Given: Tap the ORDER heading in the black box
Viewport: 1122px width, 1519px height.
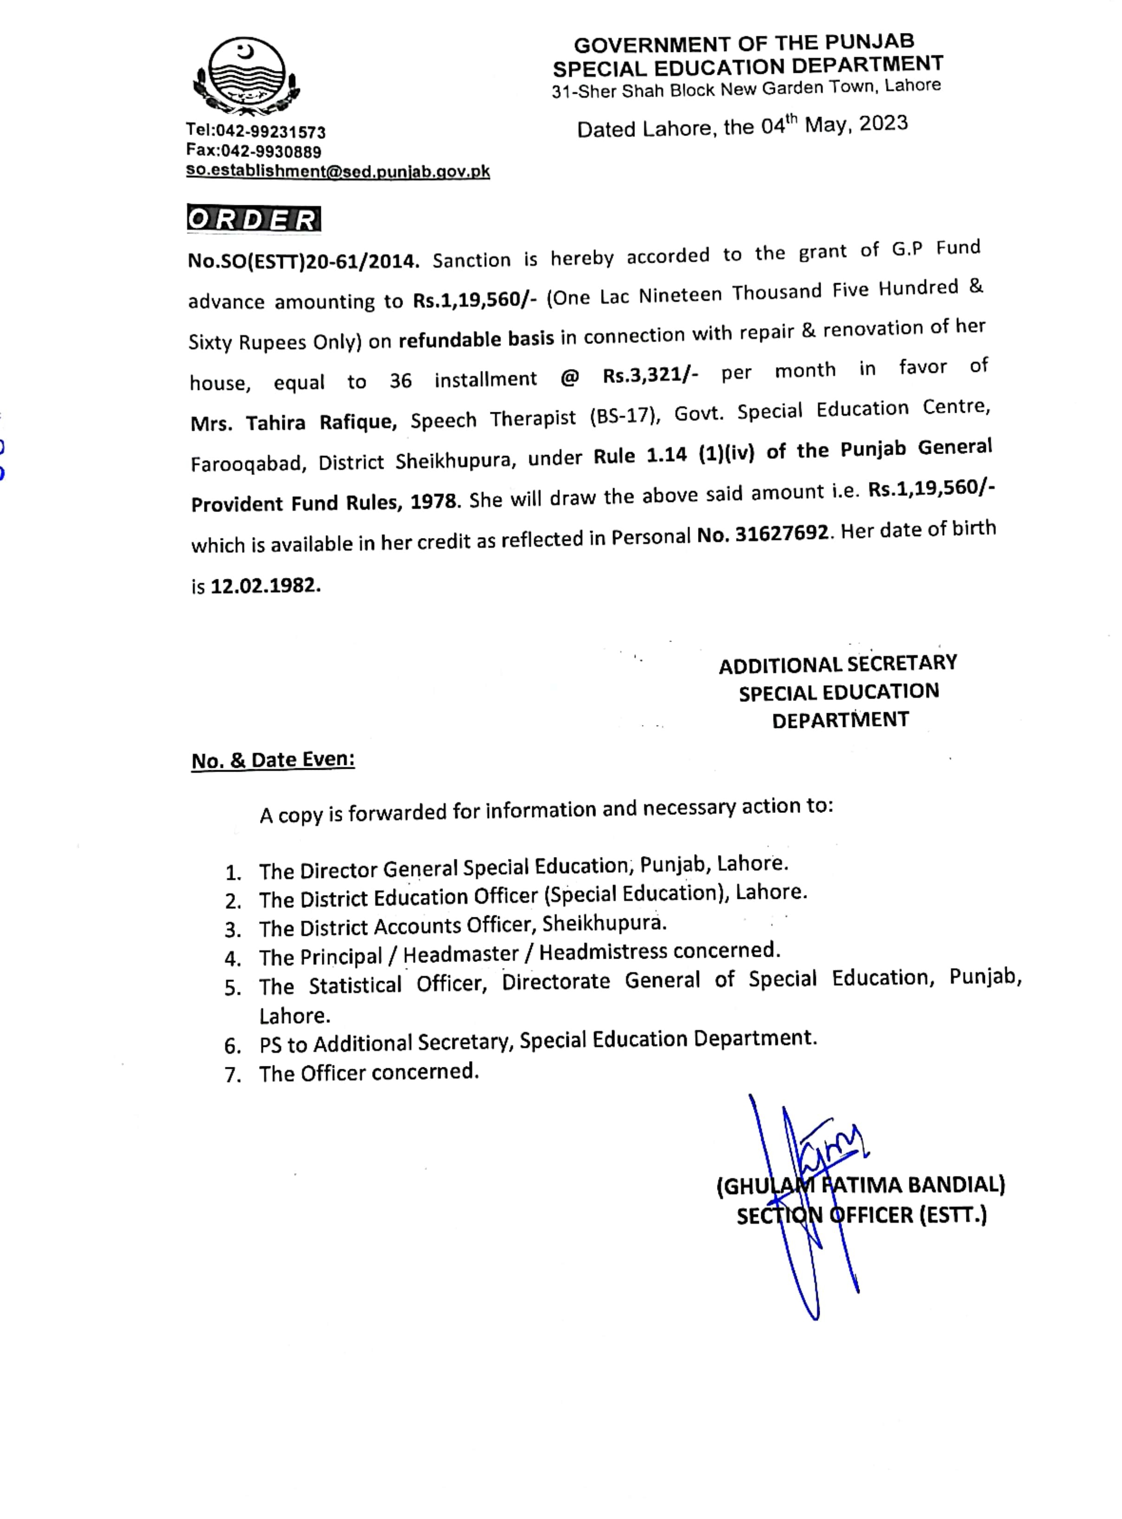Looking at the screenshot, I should (x=254, y=219).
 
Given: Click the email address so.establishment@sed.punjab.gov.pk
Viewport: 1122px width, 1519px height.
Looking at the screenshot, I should (x=338, y=171).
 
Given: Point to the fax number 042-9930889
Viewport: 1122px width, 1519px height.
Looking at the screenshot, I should (x=271, y=151).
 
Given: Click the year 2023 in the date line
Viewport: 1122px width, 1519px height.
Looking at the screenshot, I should (x=883, y=123).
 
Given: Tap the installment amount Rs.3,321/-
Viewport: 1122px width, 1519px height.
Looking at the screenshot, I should (x=650, y=375).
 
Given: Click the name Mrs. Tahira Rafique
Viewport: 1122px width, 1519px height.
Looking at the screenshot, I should (x=294, y=423).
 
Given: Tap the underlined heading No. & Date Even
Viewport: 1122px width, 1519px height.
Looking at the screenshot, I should (x=273, y=760).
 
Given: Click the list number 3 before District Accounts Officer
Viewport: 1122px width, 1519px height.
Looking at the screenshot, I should (x=233, y=929).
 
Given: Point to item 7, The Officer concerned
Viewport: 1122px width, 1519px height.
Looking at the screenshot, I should (x=369, y=1073).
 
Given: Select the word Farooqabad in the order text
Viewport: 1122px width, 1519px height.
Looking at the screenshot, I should (x=246, y=464).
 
